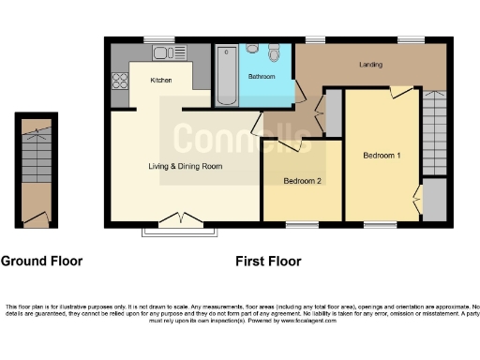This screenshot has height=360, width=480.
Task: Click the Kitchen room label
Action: point(160,81)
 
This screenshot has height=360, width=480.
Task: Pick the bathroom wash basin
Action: point(251,49)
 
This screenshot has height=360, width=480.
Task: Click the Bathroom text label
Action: point(262,75)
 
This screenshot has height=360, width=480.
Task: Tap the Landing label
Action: point(372,65)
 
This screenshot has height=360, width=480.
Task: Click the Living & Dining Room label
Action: point(185,166)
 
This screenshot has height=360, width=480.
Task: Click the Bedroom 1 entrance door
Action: point(400,91)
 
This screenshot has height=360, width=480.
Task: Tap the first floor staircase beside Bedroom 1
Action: point(434,131)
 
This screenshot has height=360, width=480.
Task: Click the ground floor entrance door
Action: point(36,217)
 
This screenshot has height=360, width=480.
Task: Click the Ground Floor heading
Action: point(41,262)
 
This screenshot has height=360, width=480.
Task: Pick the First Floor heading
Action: point(268,262)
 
